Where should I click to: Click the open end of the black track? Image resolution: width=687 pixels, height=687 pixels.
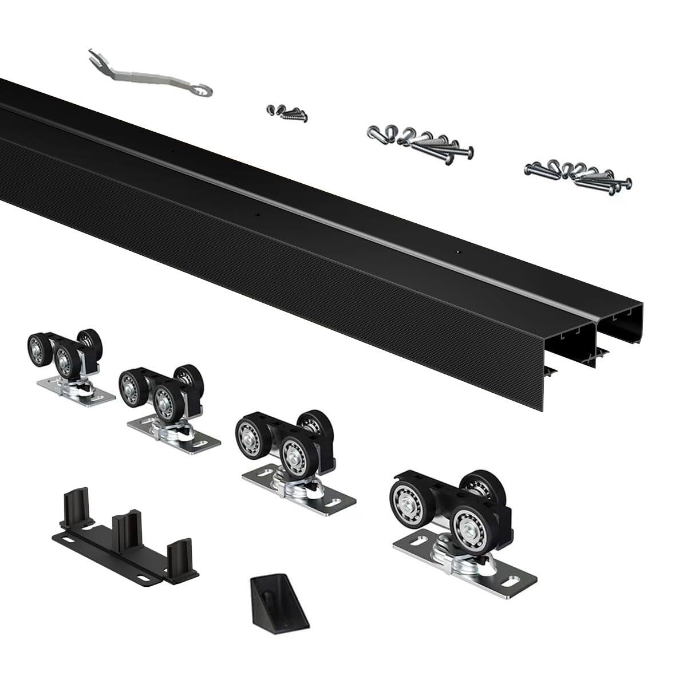595,355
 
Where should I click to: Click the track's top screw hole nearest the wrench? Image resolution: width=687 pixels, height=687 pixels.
171,151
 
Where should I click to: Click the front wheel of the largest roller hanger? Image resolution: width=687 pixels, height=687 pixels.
471,523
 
